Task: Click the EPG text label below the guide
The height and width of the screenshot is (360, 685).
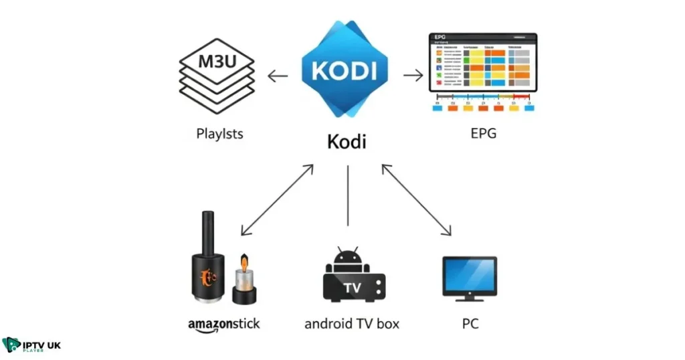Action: [x=483, y=134]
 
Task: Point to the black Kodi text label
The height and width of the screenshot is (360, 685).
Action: [x=347, y=143]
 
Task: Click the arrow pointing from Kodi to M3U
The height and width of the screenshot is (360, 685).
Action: [x=278, y=76]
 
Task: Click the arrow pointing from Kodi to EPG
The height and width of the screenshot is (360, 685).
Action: [x=413, y=75]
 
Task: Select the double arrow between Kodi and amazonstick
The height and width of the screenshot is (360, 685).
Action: [x=277, y=199]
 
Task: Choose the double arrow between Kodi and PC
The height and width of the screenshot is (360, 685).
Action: [x=415, y=199]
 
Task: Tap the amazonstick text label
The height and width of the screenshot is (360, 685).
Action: [x=223, y=325]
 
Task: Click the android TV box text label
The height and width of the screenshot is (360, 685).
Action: [x=351, y=324]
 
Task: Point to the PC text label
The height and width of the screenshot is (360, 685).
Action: [x=470, y=324]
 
